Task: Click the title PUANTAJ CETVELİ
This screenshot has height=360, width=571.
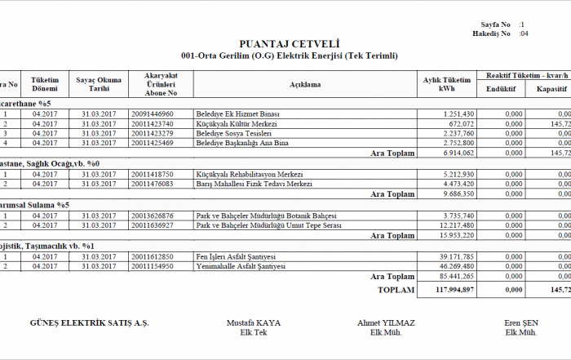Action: pyautogui.click(x=289, y=44)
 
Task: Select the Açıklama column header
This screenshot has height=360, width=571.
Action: pyautogui.click(x=305, y=84)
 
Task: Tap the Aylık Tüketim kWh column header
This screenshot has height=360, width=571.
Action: pyautogui.click(x=447, y=83)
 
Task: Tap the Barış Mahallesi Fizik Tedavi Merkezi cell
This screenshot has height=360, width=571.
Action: pyautogui.click(x=254, y=184)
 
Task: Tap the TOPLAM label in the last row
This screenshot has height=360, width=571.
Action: pyautogui.click(x=396, y=289)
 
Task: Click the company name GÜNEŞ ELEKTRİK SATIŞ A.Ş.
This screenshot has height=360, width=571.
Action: pyautogui.click(x=89, y=323)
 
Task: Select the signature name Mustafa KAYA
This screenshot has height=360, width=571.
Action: pyautogui.click(x=253, y=323)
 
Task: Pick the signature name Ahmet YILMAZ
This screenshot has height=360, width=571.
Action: pyautogui.click(x=386, y=323)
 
